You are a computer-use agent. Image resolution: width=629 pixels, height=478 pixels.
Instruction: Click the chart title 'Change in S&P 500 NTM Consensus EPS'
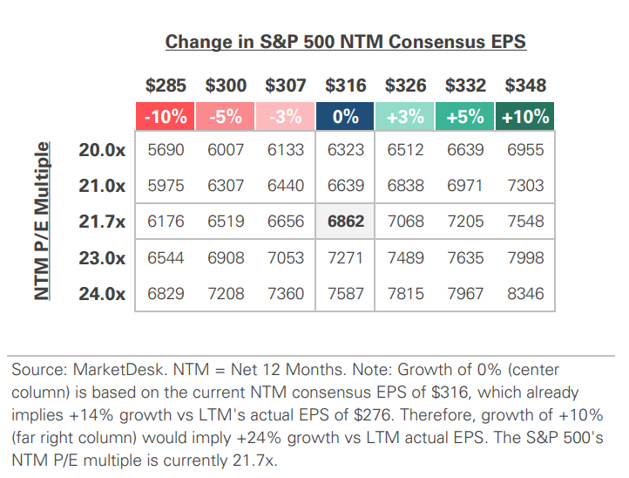click(346, 42)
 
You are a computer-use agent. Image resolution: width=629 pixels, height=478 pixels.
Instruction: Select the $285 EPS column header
click(166, 85)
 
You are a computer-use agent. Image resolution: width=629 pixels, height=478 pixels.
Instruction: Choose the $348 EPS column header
click(525, 85)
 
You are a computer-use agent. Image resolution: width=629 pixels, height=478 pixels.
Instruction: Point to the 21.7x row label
click(102, 222)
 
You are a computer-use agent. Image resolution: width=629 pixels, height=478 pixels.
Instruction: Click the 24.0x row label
click(102, 294)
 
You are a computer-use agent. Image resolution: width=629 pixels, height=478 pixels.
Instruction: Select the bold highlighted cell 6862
click(345, 222)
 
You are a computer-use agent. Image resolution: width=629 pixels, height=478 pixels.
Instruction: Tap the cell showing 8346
click(525, 294)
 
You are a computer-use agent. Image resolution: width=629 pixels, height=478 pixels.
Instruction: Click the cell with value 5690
click(166, 150)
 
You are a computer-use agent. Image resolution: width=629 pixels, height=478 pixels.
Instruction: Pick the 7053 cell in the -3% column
click(286, 258)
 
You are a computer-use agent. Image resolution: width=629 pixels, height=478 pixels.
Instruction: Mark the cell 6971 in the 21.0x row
click(465, 186)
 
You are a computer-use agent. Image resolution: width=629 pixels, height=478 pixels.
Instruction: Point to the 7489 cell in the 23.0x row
click(405, 258)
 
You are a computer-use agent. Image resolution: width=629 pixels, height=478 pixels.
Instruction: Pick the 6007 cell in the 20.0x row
click(226, 150)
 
